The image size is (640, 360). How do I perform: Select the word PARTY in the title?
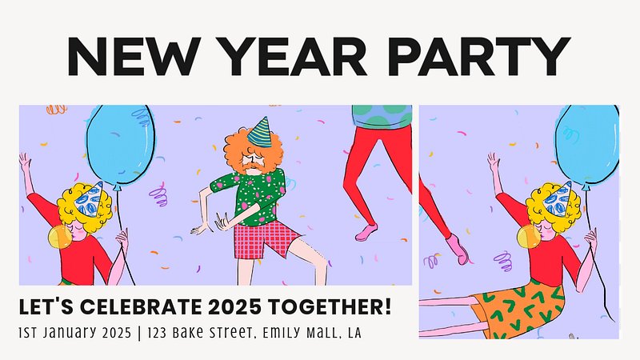pos(478,56)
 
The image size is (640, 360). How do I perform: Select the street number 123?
pos(157,333)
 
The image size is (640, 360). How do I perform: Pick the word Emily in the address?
pos(283,333)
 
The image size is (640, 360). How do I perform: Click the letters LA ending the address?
pos(354,333)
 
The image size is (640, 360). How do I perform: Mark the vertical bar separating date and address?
pos(139,333)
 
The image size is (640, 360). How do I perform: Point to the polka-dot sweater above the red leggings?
pos(382,116)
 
